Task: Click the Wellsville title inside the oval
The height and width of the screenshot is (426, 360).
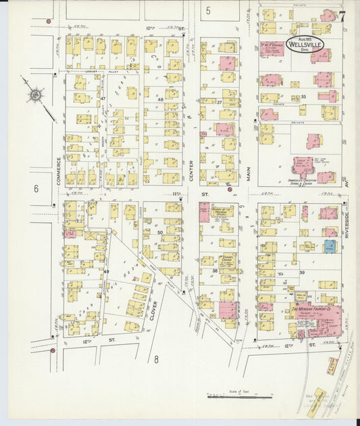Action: click(305, 46)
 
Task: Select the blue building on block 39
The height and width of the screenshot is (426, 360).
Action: click(329, 247)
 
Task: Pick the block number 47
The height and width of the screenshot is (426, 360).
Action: click(103, 99)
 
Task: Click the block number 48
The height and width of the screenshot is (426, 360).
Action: click(161, 99)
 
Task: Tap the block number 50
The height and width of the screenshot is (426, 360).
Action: click(160, 232)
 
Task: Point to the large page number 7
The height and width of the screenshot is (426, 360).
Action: click(342, 16)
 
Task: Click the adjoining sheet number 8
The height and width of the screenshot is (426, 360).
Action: click(155, 359)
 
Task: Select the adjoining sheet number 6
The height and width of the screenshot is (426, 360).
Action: click(36, 188)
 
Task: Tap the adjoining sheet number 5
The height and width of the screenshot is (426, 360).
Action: click(208, 10)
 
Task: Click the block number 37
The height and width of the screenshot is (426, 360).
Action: click(219, 102)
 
